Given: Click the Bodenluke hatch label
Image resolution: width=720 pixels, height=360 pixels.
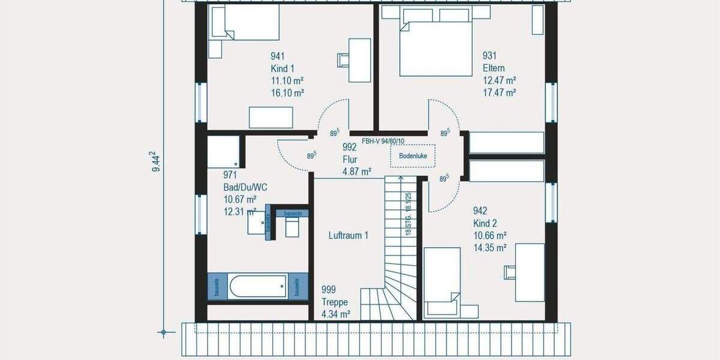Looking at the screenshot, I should pyautogui.click(x=412, y=156).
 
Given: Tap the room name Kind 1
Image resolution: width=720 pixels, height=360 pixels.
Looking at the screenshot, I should pyautogui.click(x=283, y=68).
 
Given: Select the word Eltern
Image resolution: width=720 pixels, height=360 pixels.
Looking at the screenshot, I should pyautogui.click(x=494, y=68).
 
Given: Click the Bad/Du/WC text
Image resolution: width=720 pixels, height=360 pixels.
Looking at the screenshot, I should pyautogui.click(x=245, y=187).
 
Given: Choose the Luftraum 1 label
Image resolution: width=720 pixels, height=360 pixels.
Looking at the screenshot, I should pyautogui.click(x=349, y=235).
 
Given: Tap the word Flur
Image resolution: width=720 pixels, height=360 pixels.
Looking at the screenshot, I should pyautogui.click(x=350, y=160).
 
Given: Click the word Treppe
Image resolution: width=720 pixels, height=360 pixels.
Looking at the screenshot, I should pyautogui.click(x=334, y=302).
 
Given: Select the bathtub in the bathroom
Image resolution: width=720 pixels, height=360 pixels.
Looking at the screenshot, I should pyautogui.click(x=257, y=286).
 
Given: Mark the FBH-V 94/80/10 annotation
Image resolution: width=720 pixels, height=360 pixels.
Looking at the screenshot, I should pyautogui.click(x=383, y=142).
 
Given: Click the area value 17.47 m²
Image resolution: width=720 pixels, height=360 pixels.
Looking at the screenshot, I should pyautogui.click(x=500, y=92).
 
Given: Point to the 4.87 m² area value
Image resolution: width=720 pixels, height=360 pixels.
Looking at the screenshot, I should pyautogui.click(x=356, y=172).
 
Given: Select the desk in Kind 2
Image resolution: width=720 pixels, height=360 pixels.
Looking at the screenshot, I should pyautogui.click(x=530, y=272).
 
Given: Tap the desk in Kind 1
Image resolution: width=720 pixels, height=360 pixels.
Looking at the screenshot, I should pyautogui.click(x=360, y=59).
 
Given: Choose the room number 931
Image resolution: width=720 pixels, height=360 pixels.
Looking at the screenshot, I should pyautogui.click(x=490, y=56).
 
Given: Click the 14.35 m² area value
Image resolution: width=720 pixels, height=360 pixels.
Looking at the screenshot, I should pyautogui.click(x=490, y=247).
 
